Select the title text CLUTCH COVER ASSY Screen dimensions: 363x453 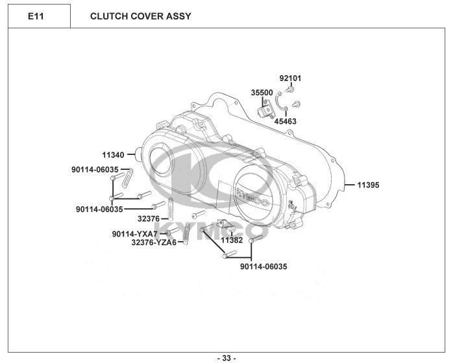(140, 16)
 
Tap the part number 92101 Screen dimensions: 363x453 (290, 78)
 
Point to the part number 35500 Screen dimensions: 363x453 (262, 93)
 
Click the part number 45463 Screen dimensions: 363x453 (285, 121)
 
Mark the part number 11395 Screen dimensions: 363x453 (368, 185)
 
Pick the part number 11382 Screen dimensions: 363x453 (231, 240)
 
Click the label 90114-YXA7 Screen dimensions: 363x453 (134, 233)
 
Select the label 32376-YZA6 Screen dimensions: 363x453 (153, 242)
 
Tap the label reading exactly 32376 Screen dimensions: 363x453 (148, 219)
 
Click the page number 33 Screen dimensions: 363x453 (226, 358)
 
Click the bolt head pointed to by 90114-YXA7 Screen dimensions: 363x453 (168, 233)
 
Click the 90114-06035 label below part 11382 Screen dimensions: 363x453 (263, 266)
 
